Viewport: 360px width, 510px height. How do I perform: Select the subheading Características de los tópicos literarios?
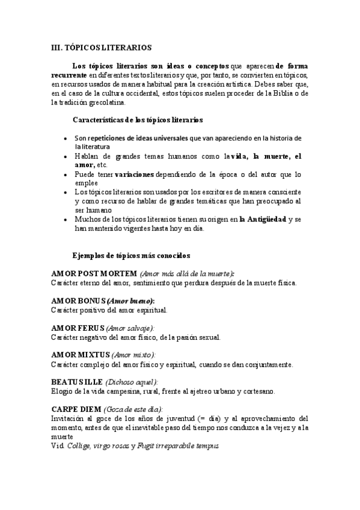(x=137, y=120)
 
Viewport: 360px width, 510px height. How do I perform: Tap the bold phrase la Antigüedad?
(x=263, y=220)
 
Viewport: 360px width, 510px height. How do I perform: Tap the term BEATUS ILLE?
(x=77, y=382)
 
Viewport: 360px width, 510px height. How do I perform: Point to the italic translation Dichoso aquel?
(x=132, y=382)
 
